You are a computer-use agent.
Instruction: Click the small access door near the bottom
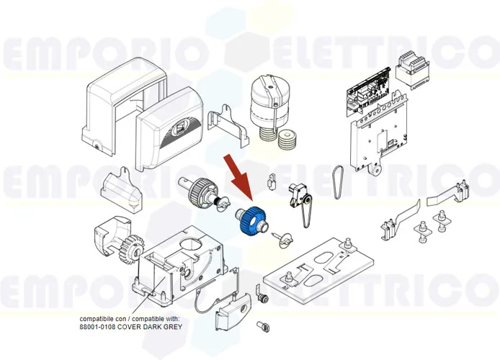pyautogui.click(x=230, y=314)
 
